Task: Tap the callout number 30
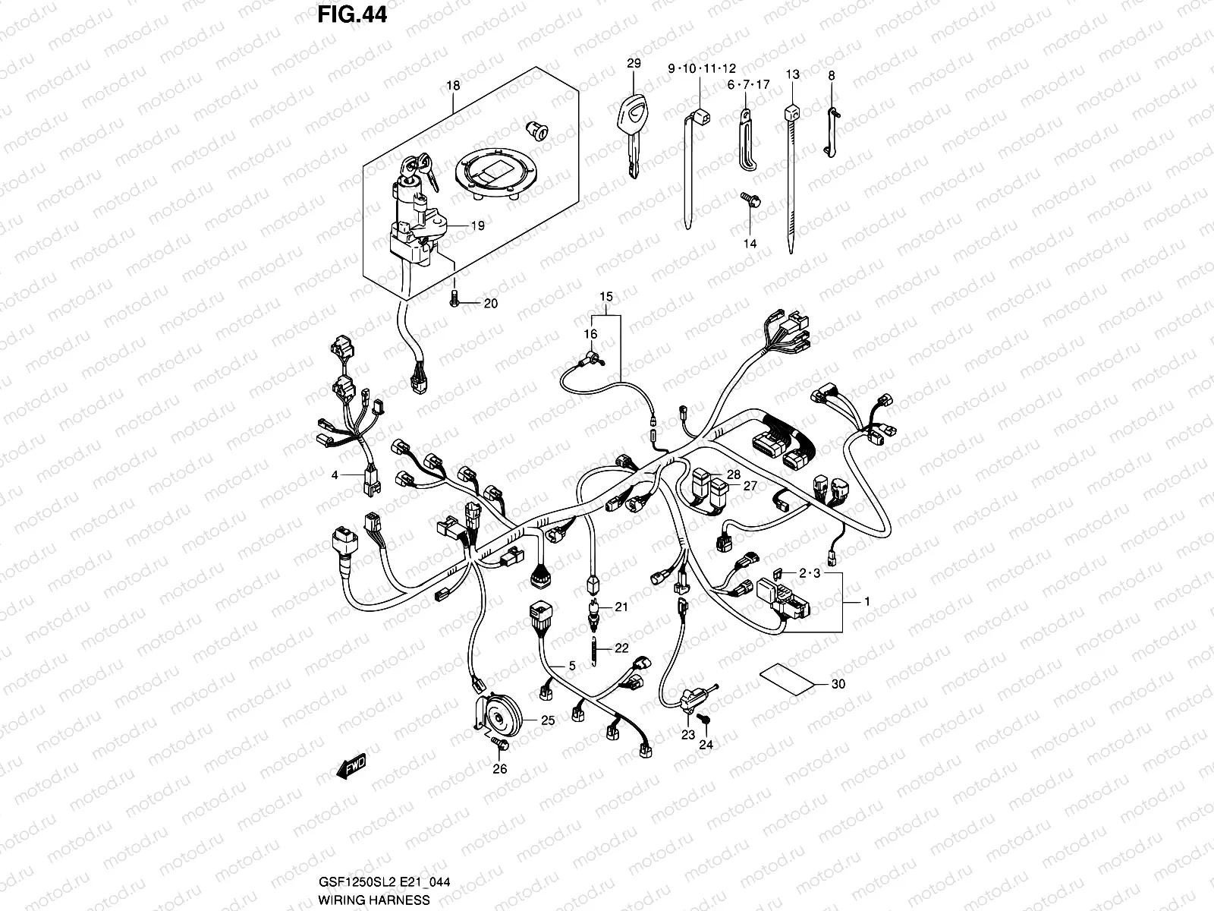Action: click(838, 684)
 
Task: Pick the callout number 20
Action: click(490, 304)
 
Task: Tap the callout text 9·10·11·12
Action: click(701, 69)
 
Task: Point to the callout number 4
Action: click(334, 475)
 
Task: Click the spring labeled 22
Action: click(594, 648)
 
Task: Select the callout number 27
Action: click(750, 487)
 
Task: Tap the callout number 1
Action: click(867, 601)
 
